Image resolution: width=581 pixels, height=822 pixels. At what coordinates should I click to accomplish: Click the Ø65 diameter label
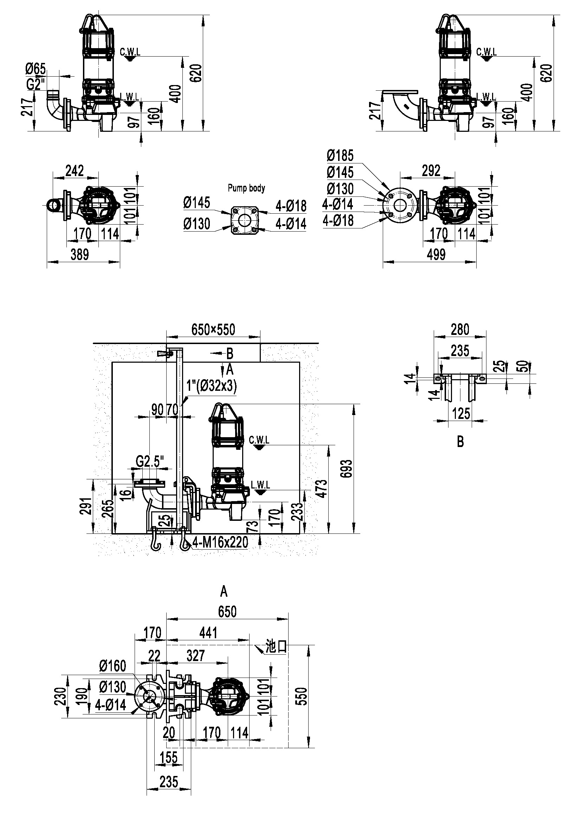35,69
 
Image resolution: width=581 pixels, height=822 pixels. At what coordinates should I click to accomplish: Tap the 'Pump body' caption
247,188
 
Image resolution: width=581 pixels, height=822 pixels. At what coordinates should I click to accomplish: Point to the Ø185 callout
340,156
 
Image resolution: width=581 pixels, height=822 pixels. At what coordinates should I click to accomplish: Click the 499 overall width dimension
436,254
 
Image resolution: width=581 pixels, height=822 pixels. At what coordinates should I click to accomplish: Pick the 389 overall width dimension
79,254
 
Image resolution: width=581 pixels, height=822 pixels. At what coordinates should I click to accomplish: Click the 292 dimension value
431,171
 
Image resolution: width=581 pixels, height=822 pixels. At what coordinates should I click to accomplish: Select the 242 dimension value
75,171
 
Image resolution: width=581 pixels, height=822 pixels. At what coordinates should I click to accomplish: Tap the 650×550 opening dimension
213,329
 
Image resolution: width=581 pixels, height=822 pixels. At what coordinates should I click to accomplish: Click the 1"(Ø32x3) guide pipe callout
212,386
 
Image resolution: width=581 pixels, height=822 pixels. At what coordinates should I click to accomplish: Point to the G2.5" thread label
150,462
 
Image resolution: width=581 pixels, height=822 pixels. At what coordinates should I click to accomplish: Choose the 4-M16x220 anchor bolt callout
220,542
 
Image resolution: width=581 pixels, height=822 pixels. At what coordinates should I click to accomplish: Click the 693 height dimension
347,469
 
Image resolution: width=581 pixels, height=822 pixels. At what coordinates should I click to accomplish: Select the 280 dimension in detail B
460,329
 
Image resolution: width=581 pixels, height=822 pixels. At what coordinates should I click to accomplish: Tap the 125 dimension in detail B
461,414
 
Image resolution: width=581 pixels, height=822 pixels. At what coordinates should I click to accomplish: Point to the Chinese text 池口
276,647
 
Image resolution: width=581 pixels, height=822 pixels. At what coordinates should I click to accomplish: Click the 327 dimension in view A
195,655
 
